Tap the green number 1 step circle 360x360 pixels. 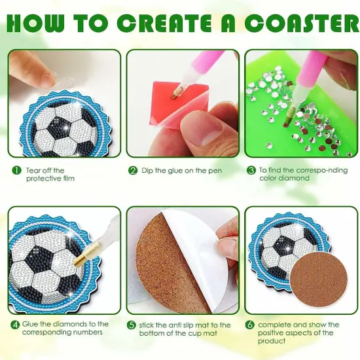point(16,170)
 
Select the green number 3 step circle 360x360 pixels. point(251,170)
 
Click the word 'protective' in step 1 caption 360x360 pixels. point(43,179)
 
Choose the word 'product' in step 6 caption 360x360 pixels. point(272,341)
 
